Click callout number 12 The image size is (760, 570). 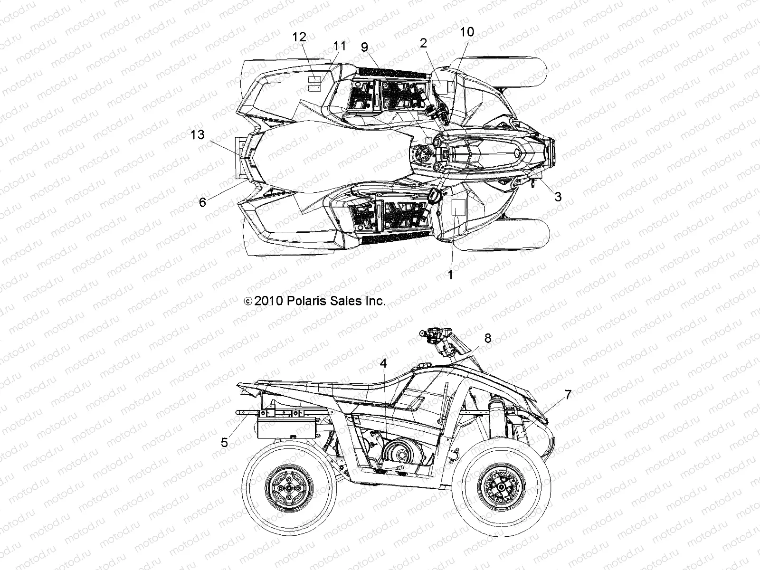click(x=300, y=37)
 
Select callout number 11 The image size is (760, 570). click(x=340, y=46)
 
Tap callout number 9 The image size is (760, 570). click(x=364, y=47)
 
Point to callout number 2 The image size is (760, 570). click(x=423, y=43)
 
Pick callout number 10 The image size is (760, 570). click(x=467, y=32)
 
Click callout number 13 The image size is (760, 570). click(x=198, y=135)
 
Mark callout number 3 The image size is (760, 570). click(x=558, y=196)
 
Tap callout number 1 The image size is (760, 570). click(x=451, y=274)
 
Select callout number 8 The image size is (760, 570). click(x=488, y=338)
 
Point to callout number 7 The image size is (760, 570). click(x=568, y=393)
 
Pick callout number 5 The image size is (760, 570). click(x=224, y=443)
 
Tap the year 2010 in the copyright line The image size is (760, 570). click(x=269, y=301)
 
